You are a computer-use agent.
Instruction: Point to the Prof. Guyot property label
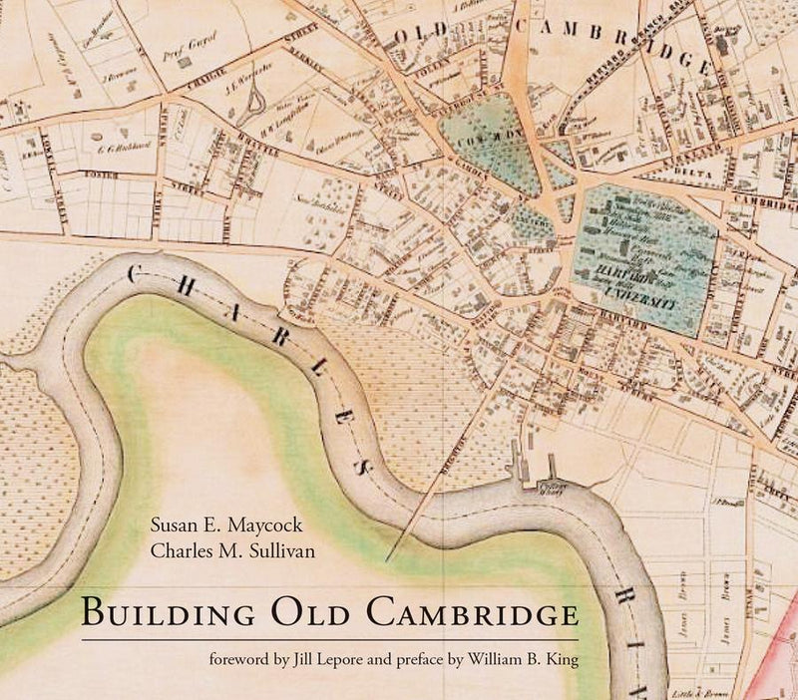point(197,44)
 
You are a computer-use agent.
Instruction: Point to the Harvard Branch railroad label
point(618,85)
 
